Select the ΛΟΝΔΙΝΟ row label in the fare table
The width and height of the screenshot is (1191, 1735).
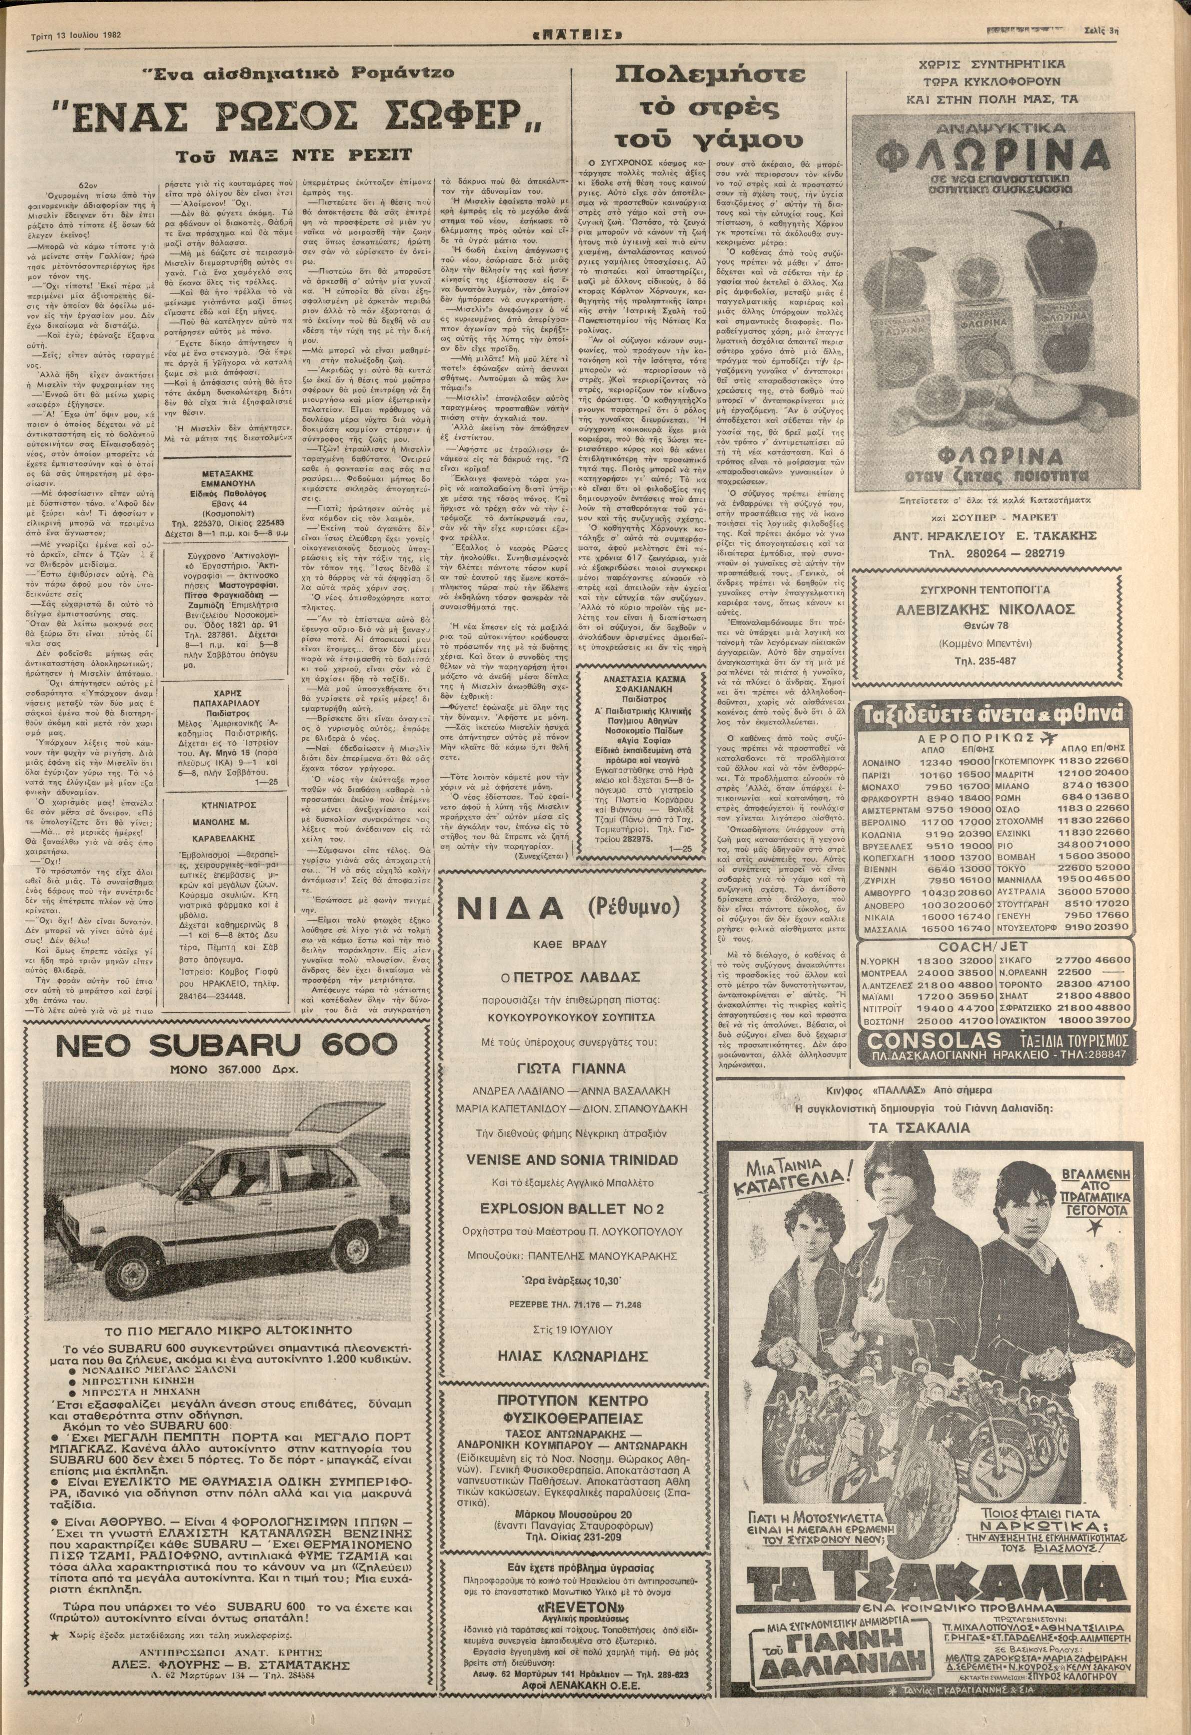pos(881,762)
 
